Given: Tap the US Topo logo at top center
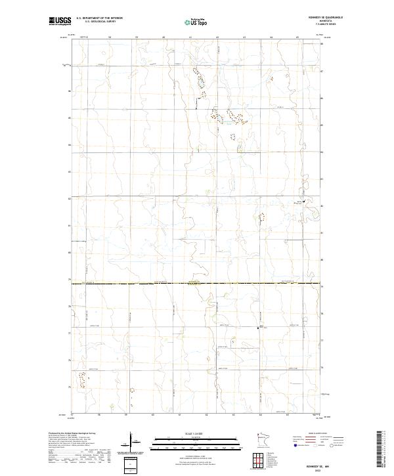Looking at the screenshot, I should pos(197,22).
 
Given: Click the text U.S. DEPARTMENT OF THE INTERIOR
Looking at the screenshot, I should pos(99,18).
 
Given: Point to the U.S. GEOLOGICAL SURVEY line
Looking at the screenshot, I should pos(96,22).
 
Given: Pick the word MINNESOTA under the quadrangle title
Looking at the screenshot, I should pos(326,21).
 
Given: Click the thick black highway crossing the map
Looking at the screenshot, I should pos(197,284).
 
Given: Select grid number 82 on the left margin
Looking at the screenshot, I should pos(70,198).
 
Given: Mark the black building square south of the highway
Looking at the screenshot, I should pos(259,326).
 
